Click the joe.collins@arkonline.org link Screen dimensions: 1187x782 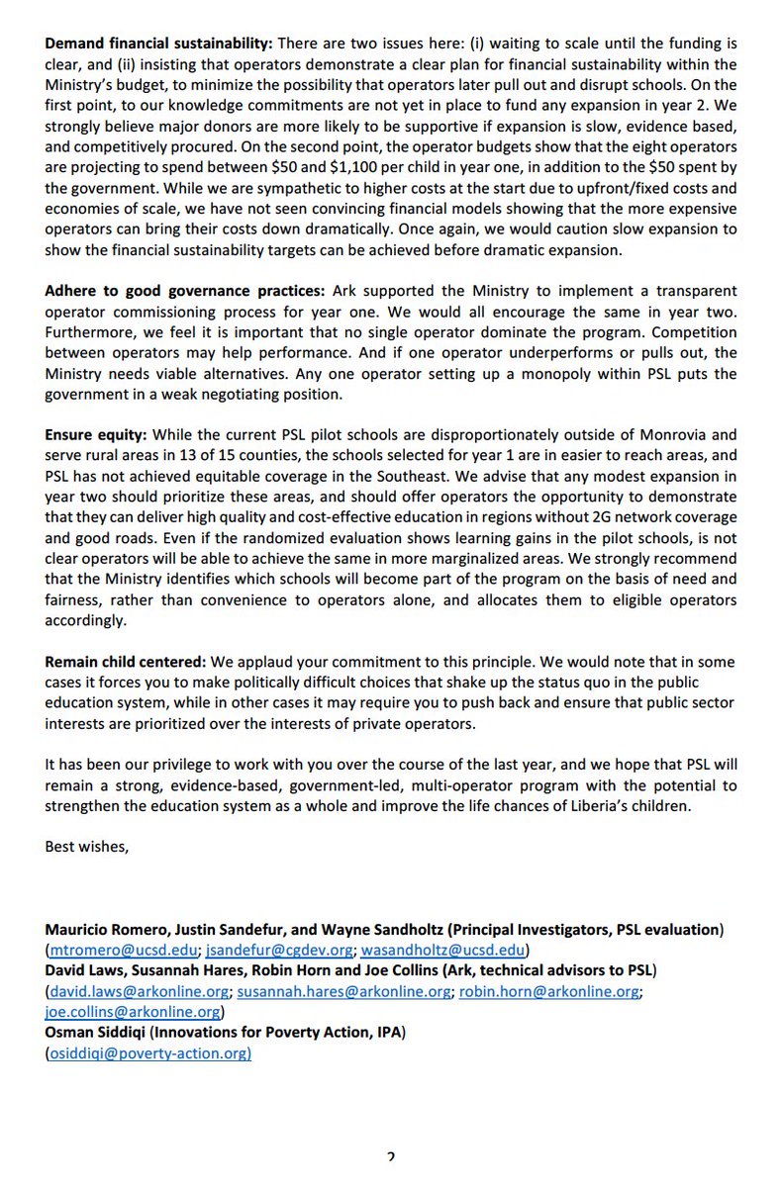click(x=133, y=1011)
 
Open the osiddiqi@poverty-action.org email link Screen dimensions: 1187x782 click(x=148, y=1054)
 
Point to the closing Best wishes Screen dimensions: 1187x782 click(x=87, y=846)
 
